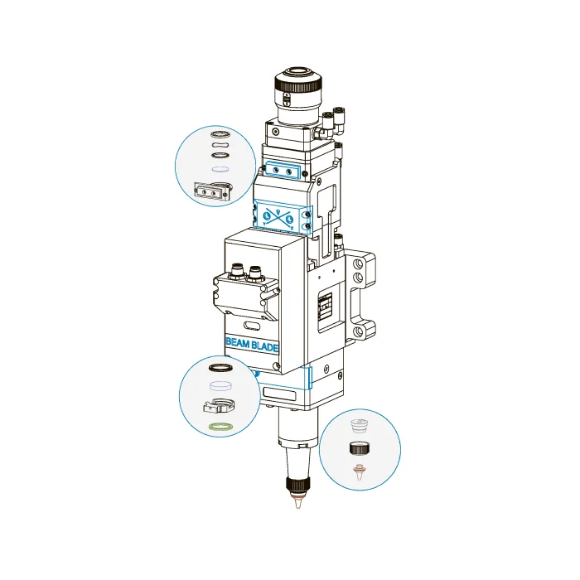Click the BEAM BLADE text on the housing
tap(252, 345)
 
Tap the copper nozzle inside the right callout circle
tap(359, 472)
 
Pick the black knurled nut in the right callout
tap(359, 448)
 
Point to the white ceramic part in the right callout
tap(359, 426)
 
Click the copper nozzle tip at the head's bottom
tap(297, 504)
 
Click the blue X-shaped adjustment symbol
tap(278, 219)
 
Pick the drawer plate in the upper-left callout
tap(211, 191)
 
